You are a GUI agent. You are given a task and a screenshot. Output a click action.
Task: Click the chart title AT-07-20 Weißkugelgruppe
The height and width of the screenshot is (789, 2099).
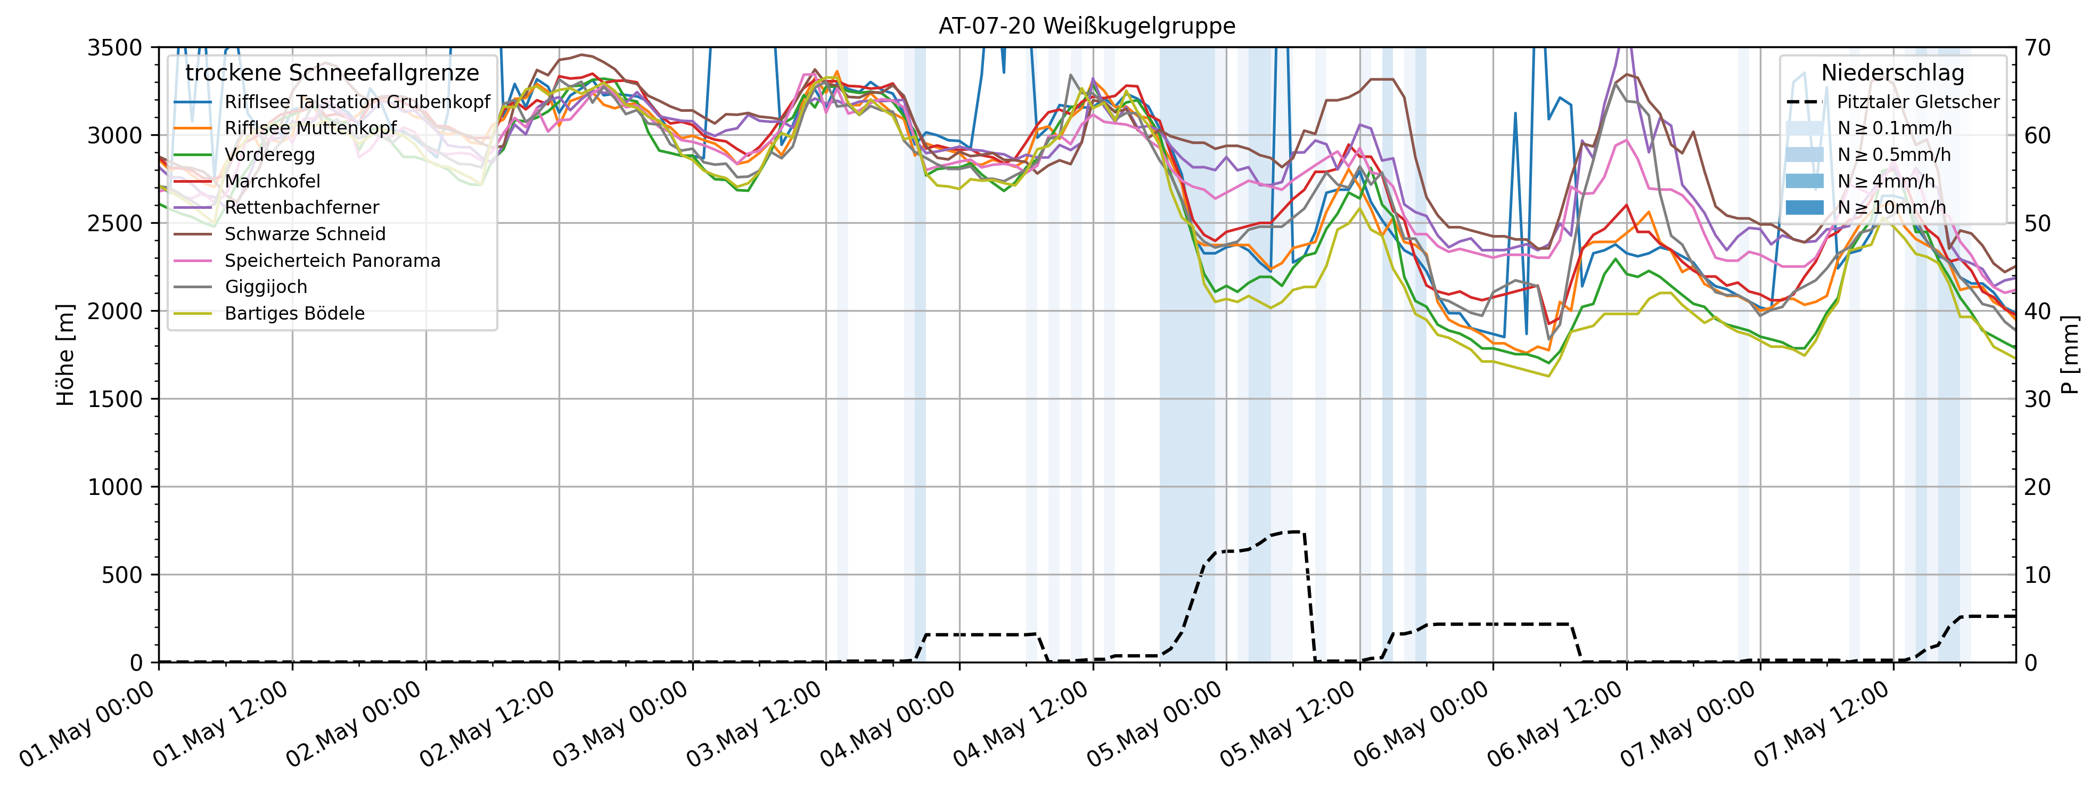1086,26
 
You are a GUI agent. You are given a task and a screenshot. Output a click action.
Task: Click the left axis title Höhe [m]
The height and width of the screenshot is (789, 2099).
65,355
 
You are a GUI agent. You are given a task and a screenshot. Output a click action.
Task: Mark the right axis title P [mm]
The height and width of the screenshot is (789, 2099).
2070,355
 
